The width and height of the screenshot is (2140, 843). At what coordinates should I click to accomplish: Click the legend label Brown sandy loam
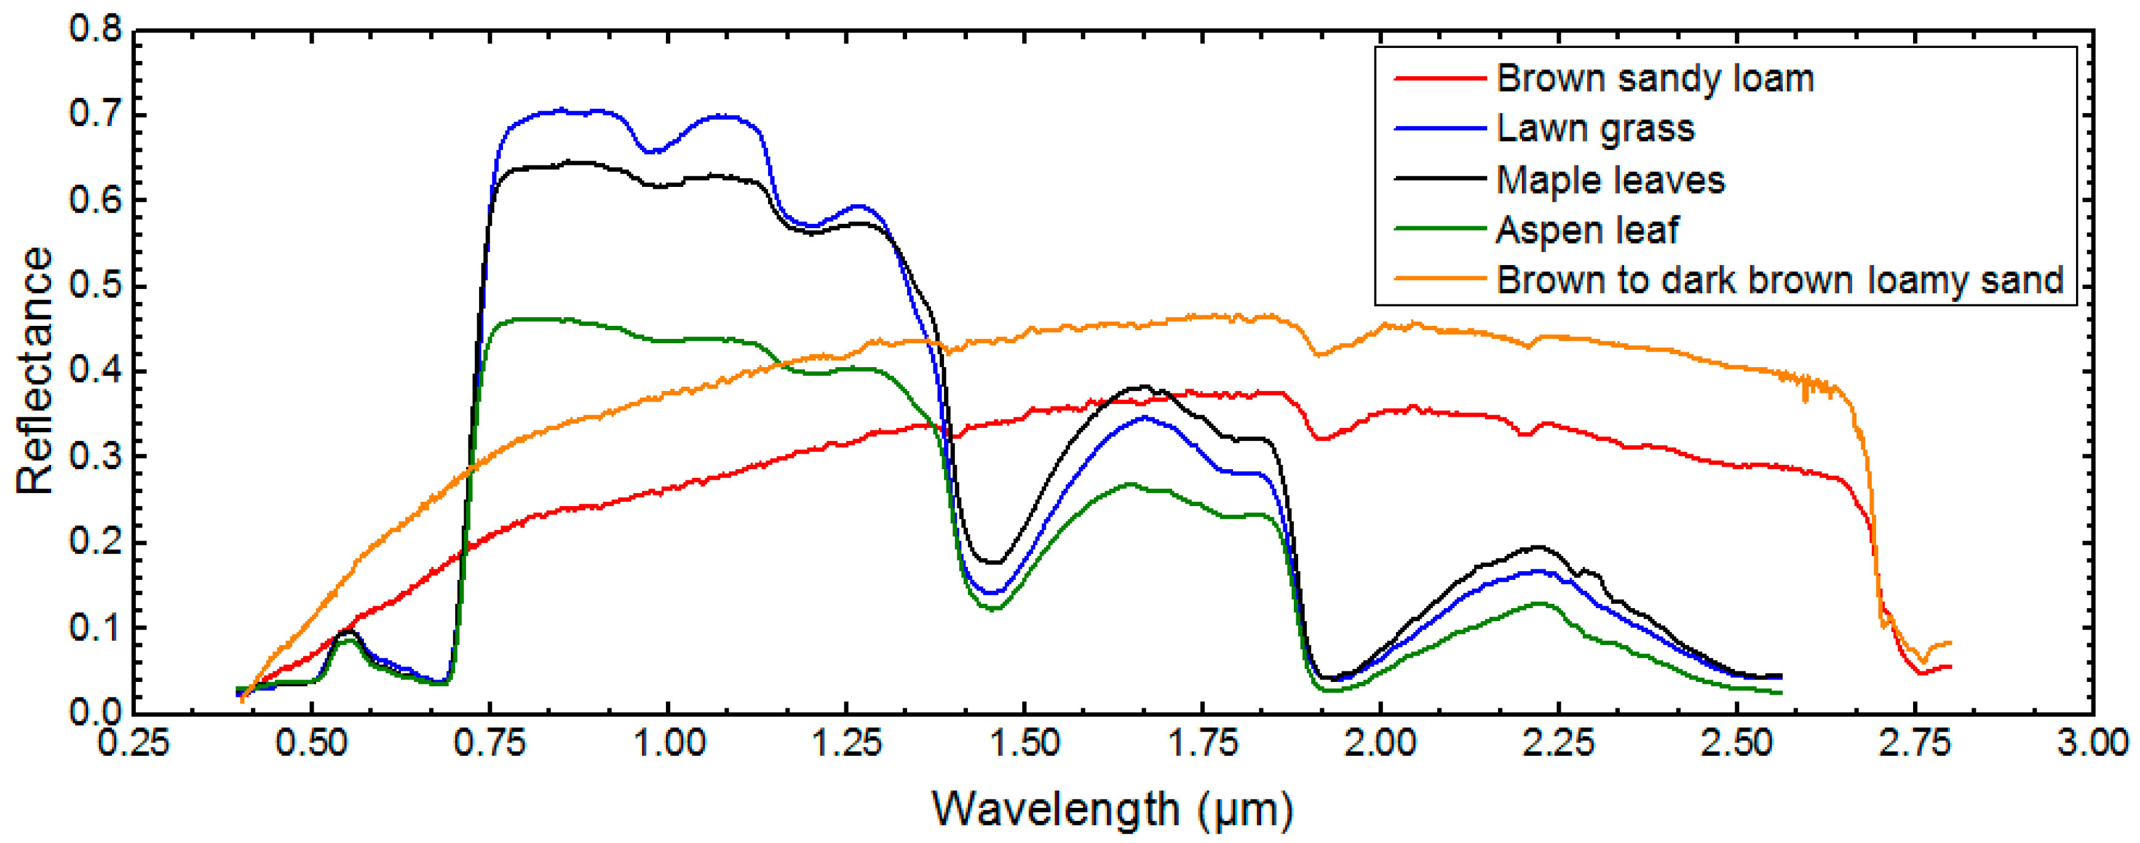[1655, 79]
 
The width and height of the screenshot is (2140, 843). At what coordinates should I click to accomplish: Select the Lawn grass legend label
[1595, 129]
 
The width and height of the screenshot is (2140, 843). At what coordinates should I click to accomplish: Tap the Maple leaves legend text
[1610, 180]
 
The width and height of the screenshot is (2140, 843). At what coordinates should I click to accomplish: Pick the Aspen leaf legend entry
[1587, 230]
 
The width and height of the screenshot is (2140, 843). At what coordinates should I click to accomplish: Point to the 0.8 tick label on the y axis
[95, 30]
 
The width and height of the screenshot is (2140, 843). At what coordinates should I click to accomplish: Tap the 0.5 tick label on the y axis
[95, 286]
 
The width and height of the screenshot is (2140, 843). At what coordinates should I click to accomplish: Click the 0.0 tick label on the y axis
[95, 713]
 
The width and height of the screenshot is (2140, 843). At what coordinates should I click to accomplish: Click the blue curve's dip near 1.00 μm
[654, 152]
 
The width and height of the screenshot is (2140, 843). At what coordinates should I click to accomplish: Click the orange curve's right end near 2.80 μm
[1949, 644]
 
